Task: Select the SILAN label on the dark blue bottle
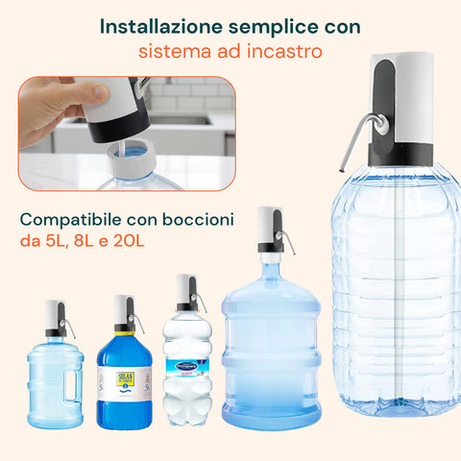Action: (x=124, y=380)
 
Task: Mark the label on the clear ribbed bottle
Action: (x=186, y=365)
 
